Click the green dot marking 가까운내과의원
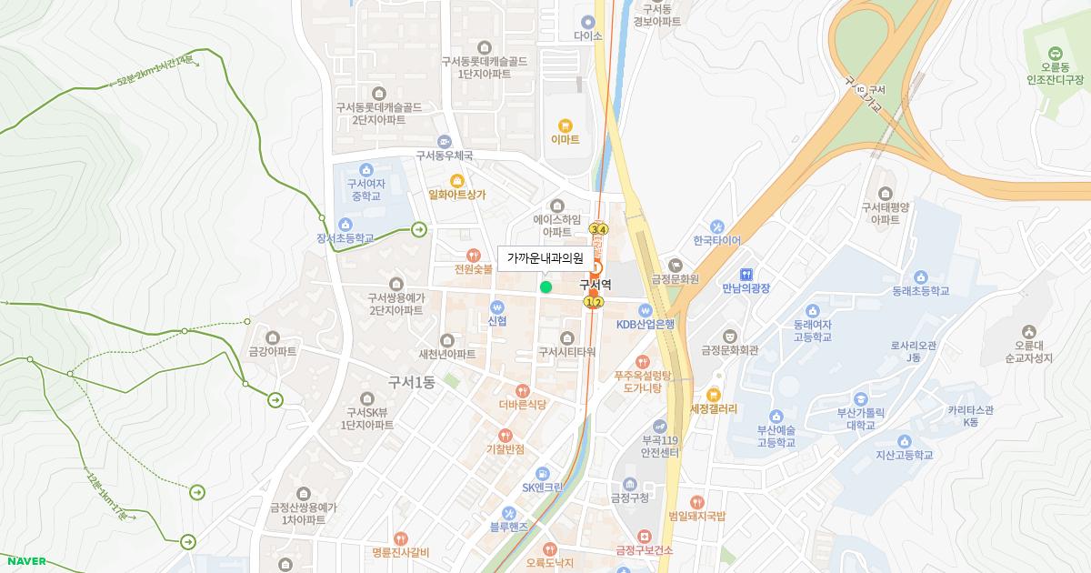(545, 287)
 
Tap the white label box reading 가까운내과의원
(545, 258)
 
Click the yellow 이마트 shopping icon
(565, 126)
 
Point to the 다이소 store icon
(588, 22)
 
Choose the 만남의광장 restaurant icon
(746, 274)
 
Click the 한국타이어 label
(716, 241)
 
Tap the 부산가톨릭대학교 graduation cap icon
(860, 398)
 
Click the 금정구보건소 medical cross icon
(644, 536)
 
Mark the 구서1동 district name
(411, 383)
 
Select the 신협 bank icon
(496, 307)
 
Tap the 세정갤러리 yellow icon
(713, 395)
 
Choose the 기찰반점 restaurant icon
(505, 435)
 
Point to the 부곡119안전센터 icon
(660, 425)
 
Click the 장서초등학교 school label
(345, 239)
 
